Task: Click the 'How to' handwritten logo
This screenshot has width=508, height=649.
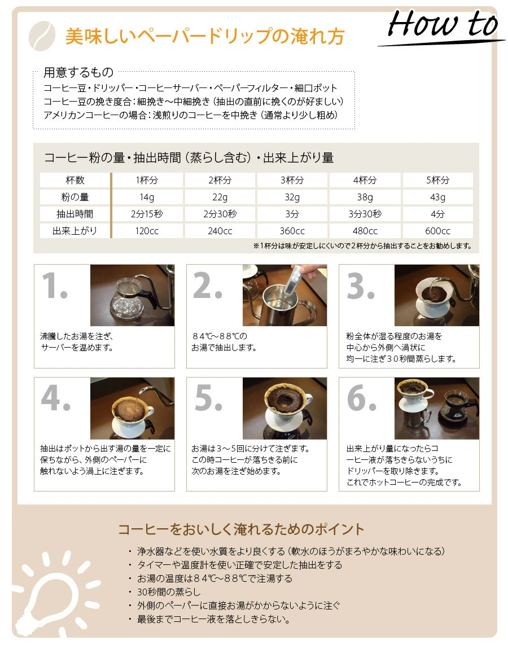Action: point(442,25)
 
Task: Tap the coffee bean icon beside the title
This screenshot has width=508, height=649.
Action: point(42,36)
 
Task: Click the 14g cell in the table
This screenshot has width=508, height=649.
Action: point(147,197)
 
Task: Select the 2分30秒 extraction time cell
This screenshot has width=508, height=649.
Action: point(220,214)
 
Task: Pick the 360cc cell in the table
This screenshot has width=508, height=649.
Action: point(292,231)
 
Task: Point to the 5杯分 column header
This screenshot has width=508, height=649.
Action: point(437,180)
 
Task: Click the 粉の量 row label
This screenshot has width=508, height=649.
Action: point(75,197)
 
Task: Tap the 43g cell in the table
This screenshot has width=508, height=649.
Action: point(437,197)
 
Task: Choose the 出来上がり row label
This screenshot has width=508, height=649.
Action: point(75,231)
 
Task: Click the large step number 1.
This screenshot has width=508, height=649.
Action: point(55,285)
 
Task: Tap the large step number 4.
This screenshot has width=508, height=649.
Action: point(56,398)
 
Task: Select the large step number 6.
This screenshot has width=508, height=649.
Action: point(362,398)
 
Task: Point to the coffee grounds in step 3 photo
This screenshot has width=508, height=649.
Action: point(433,295)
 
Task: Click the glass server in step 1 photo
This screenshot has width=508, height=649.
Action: point(126,300)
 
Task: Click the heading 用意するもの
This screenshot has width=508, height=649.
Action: point(78,72)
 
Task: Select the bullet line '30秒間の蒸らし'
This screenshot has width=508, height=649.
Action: point(169,592)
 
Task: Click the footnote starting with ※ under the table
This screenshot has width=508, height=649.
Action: point(362,246)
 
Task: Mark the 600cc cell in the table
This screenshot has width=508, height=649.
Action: point(437,231)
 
